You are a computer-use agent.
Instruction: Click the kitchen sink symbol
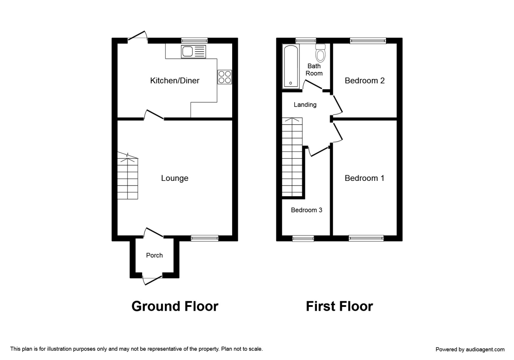(194, 51)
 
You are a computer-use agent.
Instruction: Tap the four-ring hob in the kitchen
(224, 77)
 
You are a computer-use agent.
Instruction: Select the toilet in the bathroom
(320, 53)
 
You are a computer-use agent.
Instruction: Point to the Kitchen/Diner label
(174, 81)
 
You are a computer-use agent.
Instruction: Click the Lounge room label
(174, 178)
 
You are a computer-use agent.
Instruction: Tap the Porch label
(154, 255)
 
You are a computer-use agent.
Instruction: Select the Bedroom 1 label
(365, 178)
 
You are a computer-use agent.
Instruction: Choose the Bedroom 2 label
(365, 81)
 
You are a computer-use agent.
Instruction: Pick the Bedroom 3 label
(306, 210)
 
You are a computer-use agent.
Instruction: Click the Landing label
(305, 105)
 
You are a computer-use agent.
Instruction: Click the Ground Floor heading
(175, 306)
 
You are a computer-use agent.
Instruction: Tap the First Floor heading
(339, 306)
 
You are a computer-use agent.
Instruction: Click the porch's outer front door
(153, 279)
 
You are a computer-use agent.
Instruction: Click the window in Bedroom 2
(368, 41)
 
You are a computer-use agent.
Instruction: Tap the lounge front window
(204, 238)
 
